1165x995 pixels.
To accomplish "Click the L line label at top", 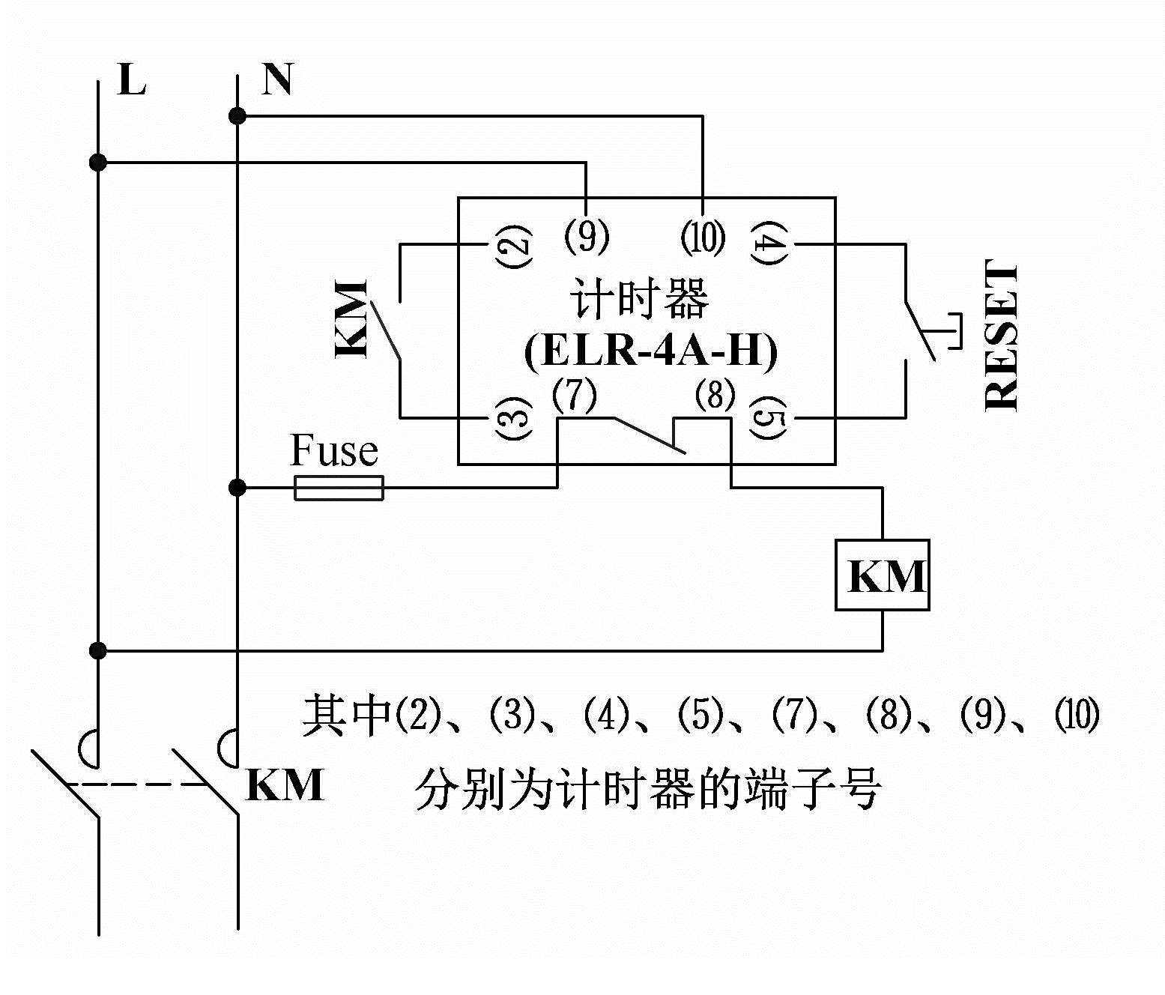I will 132,80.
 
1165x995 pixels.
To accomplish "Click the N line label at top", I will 276,79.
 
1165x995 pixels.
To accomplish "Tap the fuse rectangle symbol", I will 339,488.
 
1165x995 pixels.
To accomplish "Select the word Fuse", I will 333,451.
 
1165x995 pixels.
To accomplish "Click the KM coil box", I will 883,575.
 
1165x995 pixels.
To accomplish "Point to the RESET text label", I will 1002,335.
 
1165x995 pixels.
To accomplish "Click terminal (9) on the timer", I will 587,237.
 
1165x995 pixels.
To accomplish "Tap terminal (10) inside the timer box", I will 703,237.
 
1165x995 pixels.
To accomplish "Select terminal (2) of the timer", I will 513,244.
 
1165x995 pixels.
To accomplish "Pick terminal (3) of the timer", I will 513,417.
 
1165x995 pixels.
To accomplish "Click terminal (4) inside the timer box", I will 769,244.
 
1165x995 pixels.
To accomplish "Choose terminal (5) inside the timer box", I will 769,417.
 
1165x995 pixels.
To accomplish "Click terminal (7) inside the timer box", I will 574,396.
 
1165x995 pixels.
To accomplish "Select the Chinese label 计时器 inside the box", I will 639,300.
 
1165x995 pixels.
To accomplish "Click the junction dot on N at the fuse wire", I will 237,489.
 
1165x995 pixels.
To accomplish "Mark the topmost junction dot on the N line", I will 237,116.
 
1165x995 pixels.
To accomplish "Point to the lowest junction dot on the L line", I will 97,650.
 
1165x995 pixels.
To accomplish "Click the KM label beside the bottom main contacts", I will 285,785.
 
